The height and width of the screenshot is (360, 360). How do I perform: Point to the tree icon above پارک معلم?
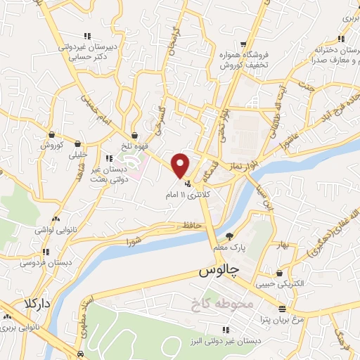229,236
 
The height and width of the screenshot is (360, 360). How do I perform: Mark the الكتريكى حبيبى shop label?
281,284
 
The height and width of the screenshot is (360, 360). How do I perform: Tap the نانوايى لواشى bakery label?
55,229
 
